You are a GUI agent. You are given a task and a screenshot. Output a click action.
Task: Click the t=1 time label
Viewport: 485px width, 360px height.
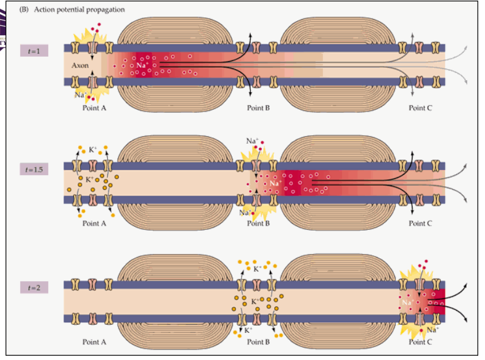tap(35, 51)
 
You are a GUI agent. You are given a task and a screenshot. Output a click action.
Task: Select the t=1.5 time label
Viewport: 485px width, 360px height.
tap(35, 168)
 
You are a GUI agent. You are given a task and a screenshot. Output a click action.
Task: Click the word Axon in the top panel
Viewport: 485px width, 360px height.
tap(81, 65)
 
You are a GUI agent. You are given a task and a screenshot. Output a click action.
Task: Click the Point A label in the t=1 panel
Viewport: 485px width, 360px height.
tap(94, 108)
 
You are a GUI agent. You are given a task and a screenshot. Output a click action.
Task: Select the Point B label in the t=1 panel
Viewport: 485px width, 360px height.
tap(259, 108)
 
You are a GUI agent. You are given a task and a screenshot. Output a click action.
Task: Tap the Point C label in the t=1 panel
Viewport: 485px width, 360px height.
tap(420, 108)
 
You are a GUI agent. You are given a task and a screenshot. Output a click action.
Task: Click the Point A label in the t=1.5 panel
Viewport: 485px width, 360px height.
tap(94, 223)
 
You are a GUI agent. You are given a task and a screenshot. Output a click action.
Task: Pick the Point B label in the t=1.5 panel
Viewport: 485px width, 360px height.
tap(259, 223)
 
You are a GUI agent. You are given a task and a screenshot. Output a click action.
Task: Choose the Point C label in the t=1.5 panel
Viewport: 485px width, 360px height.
tap(420, 223)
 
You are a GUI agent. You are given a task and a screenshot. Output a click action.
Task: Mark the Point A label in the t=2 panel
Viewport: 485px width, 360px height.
tap(94, 342)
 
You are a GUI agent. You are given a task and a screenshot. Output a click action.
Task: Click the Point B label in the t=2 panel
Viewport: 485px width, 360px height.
tap(259, 342)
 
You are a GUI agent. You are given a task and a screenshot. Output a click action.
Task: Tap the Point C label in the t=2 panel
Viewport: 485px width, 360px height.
tap(420, 342)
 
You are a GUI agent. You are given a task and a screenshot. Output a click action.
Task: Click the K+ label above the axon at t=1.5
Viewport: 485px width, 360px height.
tap(93, 150)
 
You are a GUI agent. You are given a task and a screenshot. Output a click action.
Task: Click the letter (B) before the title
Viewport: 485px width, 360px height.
tap(25, 10)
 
